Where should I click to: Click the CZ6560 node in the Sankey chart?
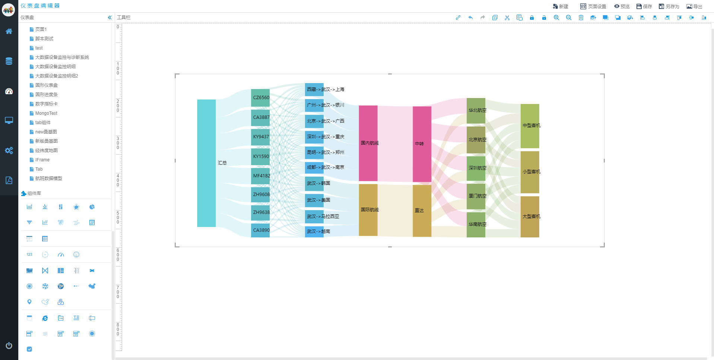(260, 98)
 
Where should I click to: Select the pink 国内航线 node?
(368, 143)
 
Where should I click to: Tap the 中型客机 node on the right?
(530, 126)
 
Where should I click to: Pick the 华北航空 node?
(476, 110)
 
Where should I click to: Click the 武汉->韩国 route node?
(314, 183)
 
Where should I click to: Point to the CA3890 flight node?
(260, 230)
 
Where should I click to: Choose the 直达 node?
(422, 211)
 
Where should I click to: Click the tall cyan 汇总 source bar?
(206, 163)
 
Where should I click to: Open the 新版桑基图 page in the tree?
(46, 141)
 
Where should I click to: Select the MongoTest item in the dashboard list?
(46, 113)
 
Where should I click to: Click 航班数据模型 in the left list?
(48, 179)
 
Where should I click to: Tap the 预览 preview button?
(622, 6)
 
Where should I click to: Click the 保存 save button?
(644, 6)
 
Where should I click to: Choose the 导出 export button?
(694, 6)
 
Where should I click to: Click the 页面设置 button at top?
(593, 6)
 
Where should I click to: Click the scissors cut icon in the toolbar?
(507, 18)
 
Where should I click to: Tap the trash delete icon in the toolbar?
(581, 18)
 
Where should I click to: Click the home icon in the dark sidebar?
(9, 31)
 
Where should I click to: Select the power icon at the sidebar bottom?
(9, 345)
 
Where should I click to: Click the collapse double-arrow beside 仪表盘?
(110, 18)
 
